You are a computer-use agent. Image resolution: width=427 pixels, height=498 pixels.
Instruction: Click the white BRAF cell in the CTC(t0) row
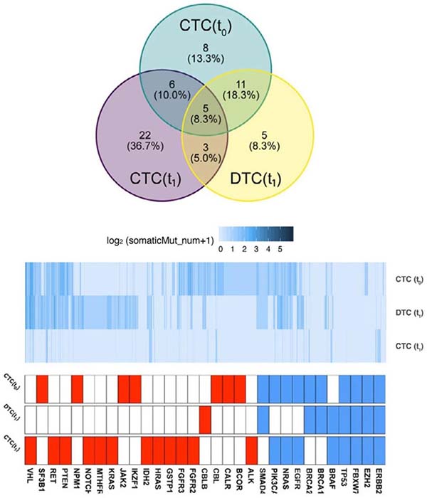coord(332,387)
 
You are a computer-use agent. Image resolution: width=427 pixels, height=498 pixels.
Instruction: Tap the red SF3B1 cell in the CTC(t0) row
coord(42,387)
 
